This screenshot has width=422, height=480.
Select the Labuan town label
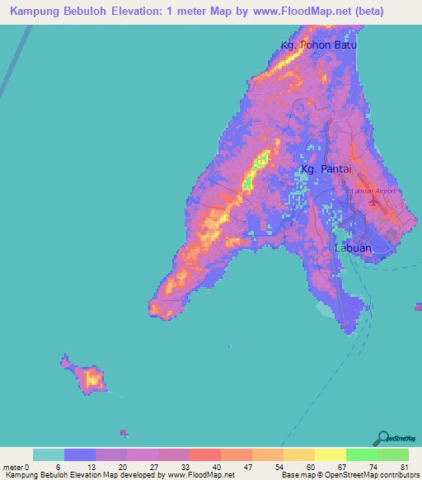(353, 247)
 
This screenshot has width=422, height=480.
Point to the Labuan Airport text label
(373, 191)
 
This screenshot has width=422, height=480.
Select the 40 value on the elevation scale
(216, 466)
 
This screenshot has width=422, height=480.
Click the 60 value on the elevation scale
(309, 466)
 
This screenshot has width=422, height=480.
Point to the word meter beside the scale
(12, 466)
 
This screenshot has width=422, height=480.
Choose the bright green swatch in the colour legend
(361, 454)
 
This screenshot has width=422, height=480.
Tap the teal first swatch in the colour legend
(48, 454)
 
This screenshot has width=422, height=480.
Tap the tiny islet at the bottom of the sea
(124, 433)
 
